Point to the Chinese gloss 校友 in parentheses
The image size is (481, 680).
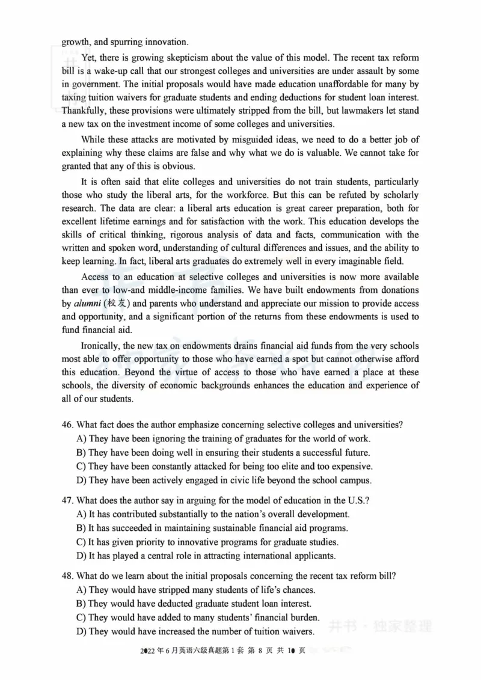[116, 304]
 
